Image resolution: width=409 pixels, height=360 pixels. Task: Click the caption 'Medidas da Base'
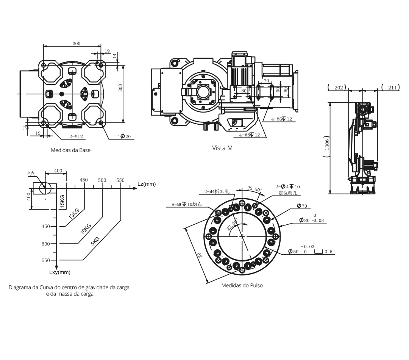[71, 150]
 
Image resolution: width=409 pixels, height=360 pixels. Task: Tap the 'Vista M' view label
[222, 148]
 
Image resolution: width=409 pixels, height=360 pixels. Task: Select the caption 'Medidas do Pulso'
[242, 285]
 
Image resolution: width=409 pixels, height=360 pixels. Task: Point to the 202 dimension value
[339, 88]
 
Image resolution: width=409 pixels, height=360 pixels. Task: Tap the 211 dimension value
[392, 88]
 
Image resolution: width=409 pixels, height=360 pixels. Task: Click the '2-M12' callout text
[76, 136]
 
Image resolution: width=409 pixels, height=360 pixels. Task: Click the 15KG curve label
[62, 201]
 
